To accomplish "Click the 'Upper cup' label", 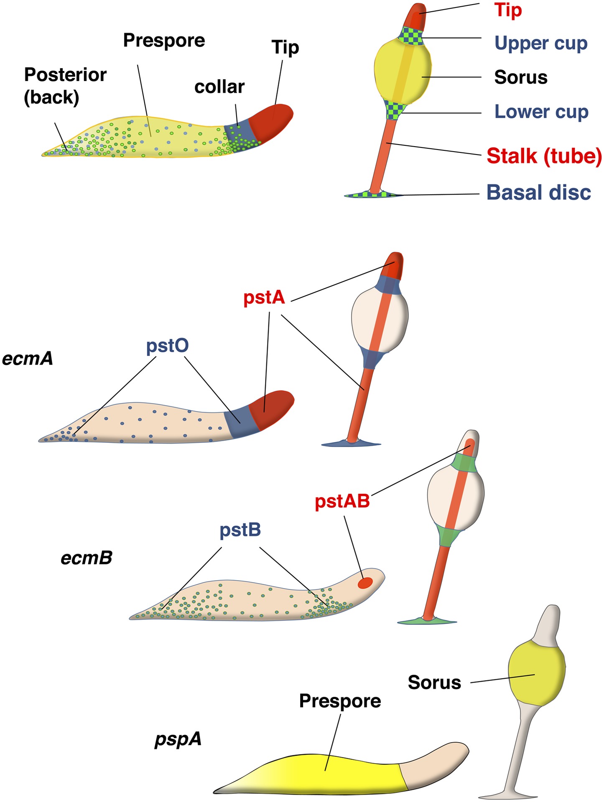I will [x=541, y=43].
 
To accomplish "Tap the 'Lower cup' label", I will [x=541, y=112].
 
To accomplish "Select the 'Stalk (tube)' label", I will [x=544, y=156].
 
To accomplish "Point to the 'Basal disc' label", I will [x=539, y=193].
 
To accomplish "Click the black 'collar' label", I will [x=219, y=87].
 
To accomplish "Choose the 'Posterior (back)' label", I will [x=65, y=86].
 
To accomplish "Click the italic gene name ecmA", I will [x=28, y=359].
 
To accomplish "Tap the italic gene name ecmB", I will [x=87, y=558].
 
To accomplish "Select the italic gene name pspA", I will [x=178, y=739].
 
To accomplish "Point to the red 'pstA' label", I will [x=264, y=298].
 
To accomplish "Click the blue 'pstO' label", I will [x=167, y=346].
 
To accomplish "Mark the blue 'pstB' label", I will [x=240, y=530].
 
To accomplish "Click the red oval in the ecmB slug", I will [x=365, y=583].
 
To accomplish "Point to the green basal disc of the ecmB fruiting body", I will [x=426, y=621].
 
